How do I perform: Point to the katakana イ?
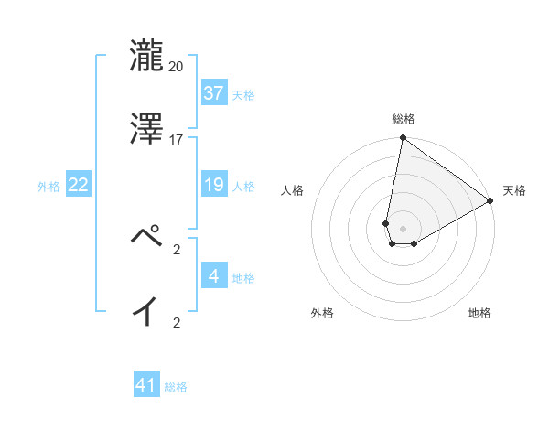pyautogui.click(x=146, y=311)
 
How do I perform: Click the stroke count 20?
pyautogui.click(x=177, y=66)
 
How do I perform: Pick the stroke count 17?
pyautogui.click(x=177, y=139)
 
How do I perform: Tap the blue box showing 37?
pyautogui.click(x=214, y=93)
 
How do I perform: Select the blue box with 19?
pyautogui.click(x=214, y=185)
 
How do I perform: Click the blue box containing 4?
pyautogui.click(x=214, y=276)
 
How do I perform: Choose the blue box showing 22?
pyautogui.click(x=79, y=185)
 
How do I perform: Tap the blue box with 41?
pyautogui.click(x=146, y=386)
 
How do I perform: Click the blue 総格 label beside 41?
pyautogui.click(x=176, y=387)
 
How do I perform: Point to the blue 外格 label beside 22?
pyautogui.click(x=48, y=186)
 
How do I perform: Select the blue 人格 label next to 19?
pyautogui.click(x=243, y=186)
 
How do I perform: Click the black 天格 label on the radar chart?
pyautogui.click(x=514, y=190)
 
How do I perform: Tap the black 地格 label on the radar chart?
pyautogui.click(x=479, y=314)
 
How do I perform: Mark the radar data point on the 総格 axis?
pyautogui.click(x=403, y=139)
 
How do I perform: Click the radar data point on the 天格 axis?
pyautogui.click(x=490, y=201)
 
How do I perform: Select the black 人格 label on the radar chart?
pyautogui.click(x=293, y=190)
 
